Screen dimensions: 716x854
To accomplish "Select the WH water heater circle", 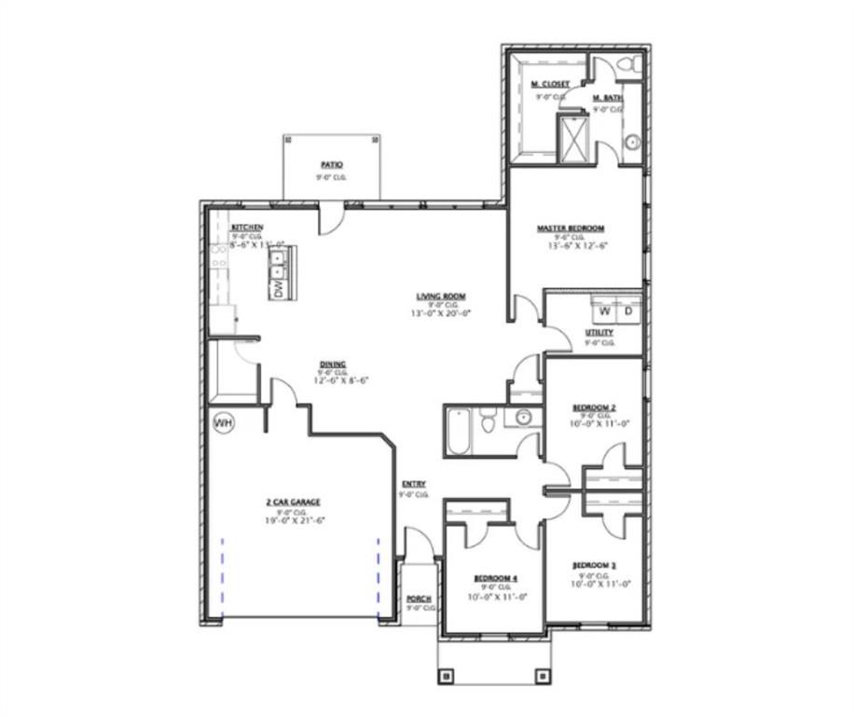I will coord(223,424).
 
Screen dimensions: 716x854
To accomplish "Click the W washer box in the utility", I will coord(603,310).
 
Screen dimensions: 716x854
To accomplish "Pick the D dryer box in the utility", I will coord(627,310).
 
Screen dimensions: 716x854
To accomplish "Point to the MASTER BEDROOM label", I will coord(570,228).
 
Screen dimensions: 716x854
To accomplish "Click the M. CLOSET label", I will coord(550,84).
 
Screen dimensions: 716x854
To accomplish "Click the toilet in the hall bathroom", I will coord(488,424).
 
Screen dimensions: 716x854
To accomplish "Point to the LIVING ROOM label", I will coord(441,296).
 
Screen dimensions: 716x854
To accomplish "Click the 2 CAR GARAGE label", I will coord(293,503).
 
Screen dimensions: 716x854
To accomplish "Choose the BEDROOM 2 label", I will coord(594,407).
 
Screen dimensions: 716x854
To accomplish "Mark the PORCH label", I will coord(417,599).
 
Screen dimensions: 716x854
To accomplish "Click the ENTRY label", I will coord(414,484).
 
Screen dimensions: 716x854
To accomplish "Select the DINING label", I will coord(334,364).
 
